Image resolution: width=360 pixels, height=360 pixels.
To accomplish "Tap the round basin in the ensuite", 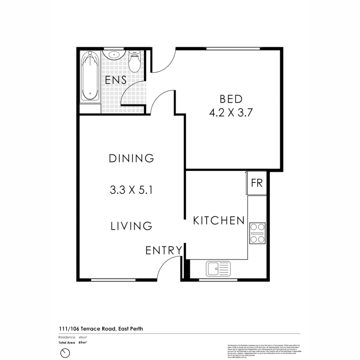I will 114,54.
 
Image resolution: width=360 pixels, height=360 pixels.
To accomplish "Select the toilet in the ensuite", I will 135,62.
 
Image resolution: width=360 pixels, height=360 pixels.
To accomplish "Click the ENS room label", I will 116,80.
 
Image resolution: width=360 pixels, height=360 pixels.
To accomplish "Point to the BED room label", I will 231,99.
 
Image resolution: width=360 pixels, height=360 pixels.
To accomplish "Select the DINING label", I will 131,158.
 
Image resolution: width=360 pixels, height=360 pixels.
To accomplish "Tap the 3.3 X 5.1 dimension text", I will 131,190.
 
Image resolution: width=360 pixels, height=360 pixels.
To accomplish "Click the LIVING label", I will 131,226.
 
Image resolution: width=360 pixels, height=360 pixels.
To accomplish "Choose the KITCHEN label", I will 219,221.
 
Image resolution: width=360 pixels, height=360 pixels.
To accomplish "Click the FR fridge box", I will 257,183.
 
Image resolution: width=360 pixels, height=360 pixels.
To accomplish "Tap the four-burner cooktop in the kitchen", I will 257,233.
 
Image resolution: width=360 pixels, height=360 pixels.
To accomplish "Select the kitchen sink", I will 218,269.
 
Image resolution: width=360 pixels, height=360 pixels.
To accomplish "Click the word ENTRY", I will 164,250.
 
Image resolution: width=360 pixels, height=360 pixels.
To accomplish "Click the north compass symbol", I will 65,353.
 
